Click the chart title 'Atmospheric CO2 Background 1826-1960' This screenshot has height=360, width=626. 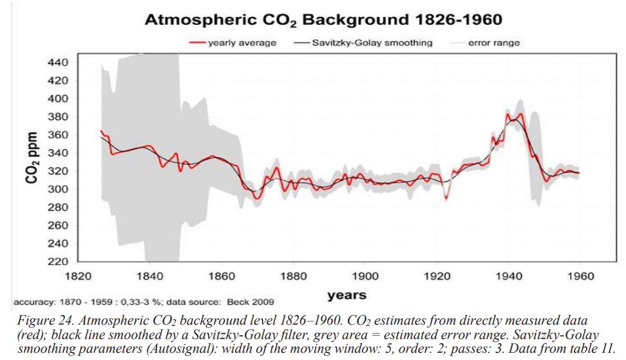point(323,20)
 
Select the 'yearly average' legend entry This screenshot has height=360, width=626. point(232,43)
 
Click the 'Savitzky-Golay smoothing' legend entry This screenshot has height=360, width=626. point(363,43)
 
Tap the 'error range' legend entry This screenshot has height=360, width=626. point(485,43)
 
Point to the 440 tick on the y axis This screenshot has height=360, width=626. point(58,62)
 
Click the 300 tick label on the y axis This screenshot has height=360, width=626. point(58,189)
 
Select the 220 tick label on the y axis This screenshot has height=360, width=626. point(58,261)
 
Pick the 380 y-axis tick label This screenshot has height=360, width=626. point(58,117)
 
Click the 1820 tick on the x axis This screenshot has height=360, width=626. point(78,276)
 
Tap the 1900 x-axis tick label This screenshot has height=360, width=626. point(365,276)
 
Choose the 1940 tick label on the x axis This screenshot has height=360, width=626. point(509,276)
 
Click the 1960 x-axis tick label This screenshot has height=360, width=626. point(580,276)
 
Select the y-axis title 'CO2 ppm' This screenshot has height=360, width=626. point(32,157)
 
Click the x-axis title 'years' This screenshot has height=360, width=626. point(346,296)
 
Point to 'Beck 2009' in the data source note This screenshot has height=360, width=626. point(250,302)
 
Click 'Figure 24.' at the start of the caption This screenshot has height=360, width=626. point(43,321)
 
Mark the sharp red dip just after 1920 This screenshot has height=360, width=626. point(446,198)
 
